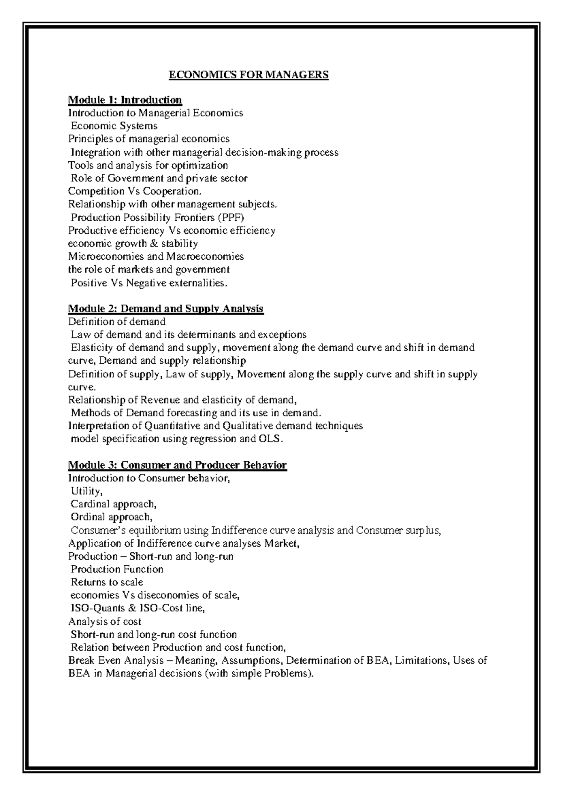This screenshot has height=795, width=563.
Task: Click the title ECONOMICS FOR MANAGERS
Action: tap(249, 75)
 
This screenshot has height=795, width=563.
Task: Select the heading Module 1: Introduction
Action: tap(125, 100)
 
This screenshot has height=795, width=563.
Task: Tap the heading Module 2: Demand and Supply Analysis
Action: tap(166, 308)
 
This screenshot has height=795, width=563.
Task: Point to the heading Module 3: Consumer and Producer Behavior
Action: tap(177, 465)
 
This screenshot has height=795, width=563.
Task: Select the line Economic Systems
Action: tap(114, 126)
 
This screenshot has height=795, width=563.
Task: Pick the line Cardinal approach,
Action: tap(113, 504)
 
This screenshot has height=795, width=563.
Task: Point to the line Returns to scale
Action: tap(107, 582)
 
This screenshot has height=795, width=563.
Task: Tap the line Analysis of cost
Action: tap(105, 622)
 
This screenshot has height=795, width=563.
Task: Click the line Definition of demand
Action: tap(117, 322)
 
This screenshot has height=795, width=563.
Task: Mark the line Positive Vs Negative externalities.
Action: tap(149, 283)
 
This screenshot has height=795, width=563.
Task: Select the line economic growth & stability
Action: tap(133, 244)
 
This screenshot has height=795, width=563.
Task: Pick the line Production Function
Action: tap(117, 570)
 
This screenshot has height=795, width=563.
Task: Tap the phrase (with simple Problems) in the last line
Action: tap(256, 674)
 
